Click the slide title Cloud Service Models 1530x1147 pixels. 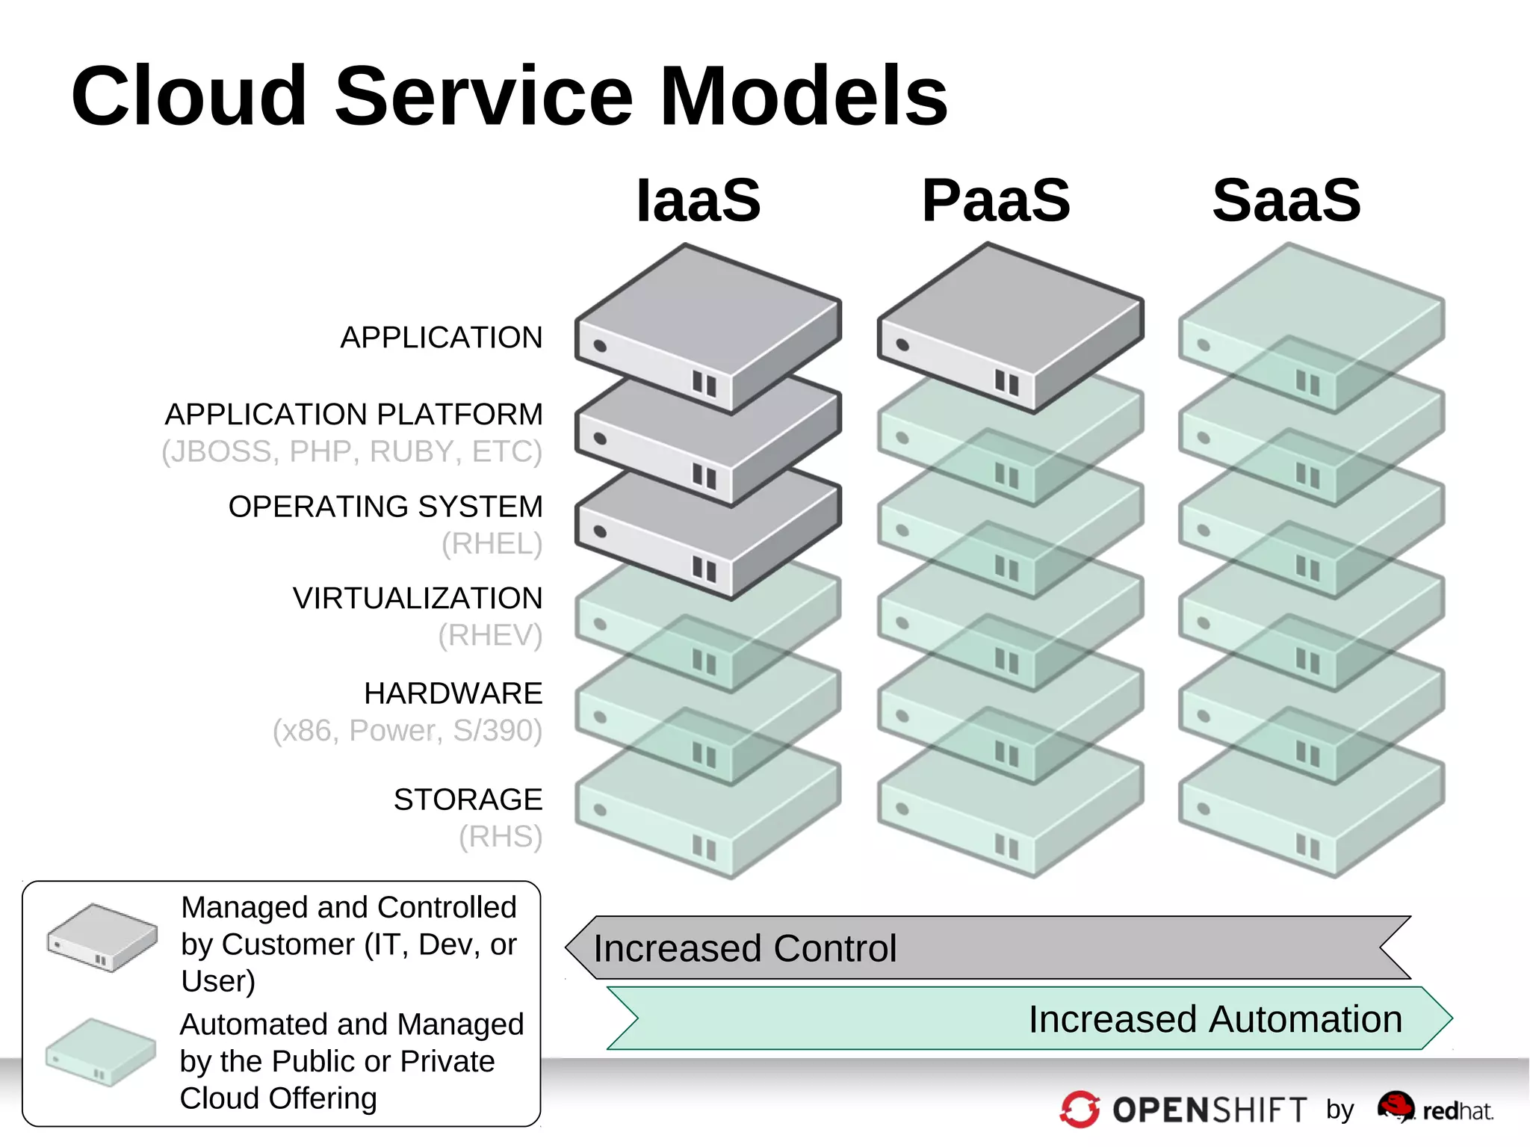click(509, 96)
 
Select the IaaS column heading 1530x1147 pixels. click(698, 200)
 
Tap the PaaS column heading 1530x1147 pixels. click(996, 200)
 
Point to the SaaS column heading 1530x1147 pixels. click(1286, 200)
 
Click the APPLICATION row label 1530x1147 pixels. click(442, 337)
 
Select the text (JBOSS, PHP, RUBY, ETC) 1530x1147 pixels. click(352, 451)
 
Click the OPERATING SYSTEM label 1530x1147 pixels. click(385, 506)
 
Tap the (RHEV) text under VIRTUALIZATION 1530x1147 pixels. click(490, 635)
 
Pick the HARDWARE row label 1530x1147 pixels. click(453, 693)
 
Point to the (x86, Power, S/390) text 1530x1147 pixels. click(407, 730)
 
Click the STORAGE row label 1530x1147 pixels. click(468, 799)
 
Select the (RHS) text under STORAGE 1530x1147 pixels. click(501, 836)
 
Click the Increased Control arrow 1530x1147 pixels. click(986, 947)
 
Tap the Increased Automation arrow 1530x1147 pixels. click(1031, 1018)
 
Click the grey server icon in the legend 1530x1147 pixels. click(102, 937)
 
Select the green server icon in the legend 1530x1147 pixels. click(101, 1052)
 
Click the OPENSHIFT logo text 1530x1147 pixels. click(1209, 1110)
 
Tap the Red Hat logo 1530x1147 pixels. click(1434, 1109)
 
